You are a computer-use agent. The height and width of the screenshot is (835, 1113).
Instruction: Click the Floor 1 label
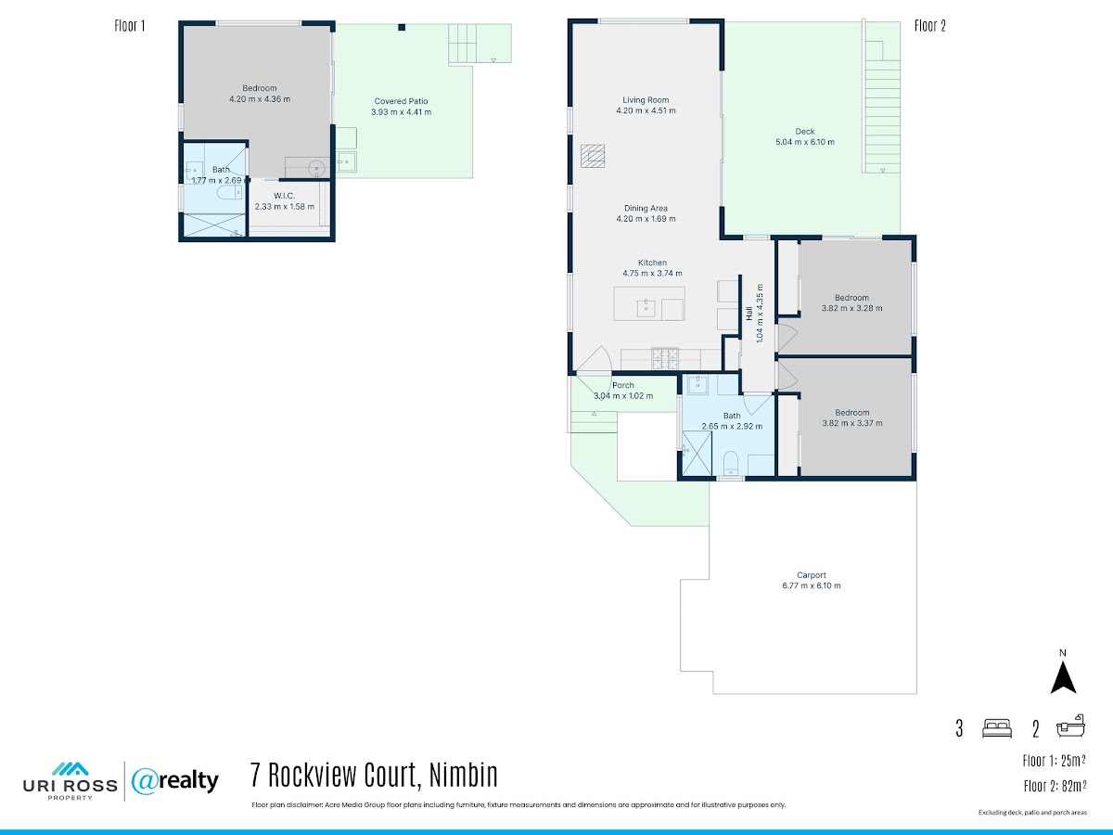click(x=130, y=26)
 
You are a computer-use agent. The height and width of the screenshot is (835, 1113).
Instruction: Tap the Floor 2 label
click(x=930, y=26)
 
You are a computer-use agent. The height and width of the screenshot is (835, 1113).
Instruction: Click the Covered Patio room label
click(x=401, y=101)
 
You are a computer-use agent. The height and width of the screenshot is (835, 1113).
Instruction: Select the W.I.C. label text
click(x=284, y=196)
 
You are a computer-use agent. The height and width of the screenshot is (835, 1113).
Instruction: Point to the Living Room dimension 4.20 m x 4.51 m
click(x=646, y=110)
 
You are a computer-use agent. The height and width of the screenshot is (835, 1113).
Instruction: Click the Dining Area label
click(x=646, y=209)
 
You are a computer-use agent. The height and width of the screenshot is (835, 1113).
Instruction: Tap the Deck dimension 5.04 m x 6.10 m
click(x=805, y=142)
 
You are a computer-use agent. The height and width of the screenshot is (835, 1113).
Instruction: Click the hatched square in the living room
click(x=593, y=156)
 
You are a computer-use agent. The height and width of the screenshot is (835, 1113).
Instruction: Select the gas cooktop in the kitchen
click(x=665, y=358)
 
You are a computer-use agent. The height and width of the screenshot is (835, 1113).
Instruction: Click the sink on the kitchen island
click(x=646, y=308)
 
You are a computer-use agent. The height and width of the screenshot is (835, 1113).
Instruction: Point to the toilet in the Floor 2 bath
click(x=730, y=463)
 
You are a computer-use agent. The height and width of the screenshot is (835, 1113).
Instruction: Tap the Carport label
click(x=812, y=575)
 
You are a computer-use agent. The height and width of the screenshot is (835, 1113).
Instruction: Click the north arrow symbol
click(x=1063, y=677)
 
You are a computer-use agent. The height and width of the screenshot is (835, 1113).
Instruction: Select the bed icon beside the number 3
click(x=997, y=728)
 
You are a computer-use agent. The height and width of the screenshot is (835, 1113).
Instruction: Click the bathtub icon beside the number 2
click(x=1070, y=726)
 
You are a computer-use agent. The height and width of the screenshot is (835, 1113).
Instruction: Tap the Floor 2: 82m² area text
click(x=1055, y=787)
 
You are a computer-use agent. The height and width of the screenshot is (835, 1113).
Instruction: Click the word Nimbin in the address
click(x=464, y=775)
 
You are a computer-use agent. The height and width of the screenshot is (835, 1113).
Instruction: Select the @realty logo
click(x=175, y=781)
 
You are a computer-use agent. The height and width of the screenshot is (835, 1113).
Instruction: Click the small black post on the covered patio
click(x=402, y=28)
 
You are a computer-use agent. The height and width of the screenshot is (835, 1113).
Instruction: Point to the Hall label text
click(x=748, y=314)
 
